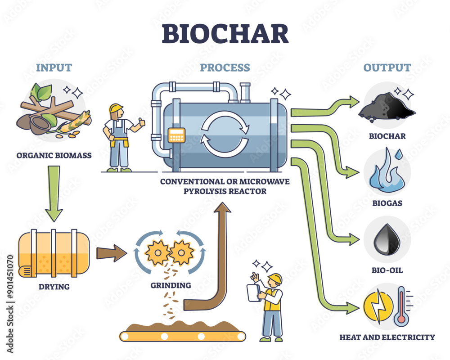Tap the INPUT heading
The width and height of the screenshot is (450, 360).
coord(54,68)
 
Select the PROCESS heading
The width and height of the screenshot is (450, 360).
coord(225,68)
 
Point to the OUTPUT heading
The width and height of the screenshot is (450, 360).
coord(387,68)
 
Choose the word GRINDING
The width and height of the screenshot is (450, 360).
coord(171,285)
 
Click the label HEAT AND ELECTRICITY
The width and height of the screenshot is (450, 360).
coord(387,337)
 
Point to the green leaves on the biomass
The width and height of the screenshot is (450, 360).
coord(42,92)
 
